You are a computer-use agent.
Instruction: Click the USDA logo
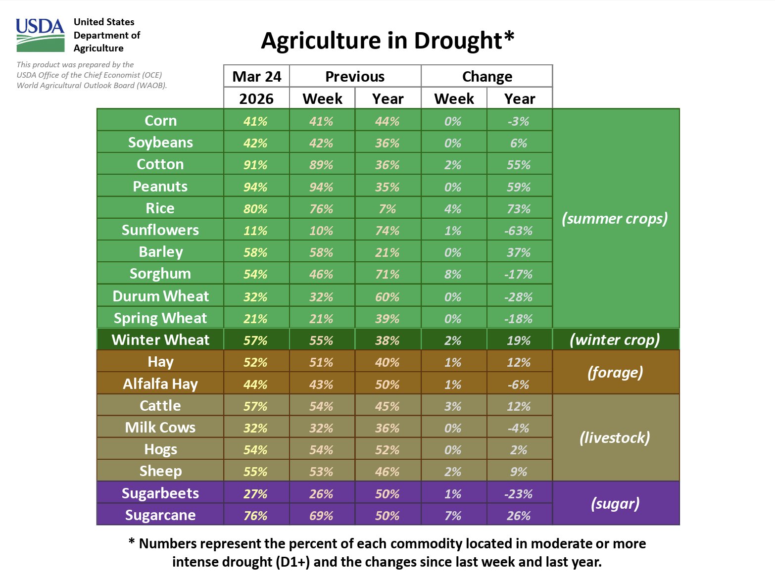click(40, 35)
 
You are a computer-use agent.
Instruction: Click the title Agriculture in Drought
click(387, 41)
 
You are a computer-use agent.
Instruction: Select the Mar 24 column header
click(256, 77)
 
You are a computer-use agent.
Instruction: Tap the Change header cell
click(487, 77)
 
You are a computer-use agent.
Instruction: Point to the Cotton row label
click(160, 164)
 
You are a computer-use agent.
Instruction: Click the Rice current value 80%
click(255, 209)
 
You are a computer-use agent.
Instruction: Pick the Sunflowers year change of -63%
click(519, 231)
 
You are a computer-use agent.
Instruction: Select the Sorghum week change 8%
click(453, 274)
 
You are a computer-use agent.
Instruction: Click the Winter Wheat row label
click(160, 340)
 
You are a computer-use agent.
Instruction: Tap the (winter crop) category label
click(615, 340)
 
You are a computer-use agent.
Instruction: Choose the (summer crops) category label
click(615, 218)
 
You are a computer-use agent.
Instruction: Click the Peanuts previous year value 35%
click(387, 187)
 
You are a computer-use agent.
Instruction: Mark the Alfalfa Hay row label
click(160, 384)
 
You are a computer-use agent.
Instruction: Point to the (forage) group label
click(615, 372)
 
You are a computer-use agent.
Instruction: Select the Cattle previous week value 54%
click(321, 406)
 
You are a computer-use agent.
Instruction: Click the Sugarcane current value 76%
click(255, 516)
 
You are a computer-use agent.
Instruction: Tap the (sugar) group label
click(615, 504)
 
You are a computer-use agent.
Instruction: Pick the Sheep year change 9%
click(519, 472)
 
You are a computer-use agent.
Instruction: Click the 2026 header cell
click(256, 99)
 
